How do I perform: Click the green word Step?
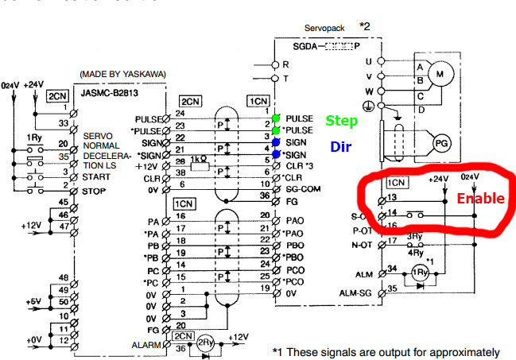341,122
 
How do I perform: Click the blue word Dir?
340,146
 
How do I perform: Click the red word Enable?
480,199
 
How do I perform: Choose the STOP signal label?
95,192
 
